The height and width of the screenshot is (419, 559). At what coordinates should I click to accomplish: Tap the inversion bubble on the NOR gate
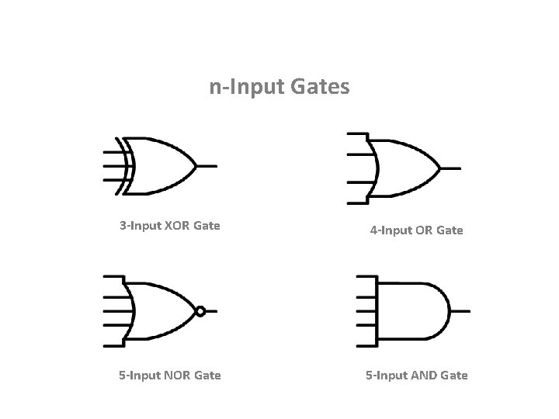[x=200, y=311]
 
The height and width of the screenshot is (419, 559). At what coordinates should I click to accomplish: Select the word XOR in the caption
[x=177, y=227]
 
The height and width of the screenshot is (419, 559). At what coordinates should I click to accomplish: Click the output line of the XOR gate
[x=207, y=165]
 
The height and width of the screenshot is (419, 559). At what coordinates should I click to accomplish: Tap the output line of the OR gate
[x=451, y=168]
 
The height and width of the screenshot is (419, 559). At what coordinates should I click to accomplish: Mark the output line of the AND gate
[x=460, y=310]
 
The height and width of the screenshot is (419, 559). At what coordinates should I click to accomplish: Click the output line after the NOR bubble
[x=211, y=311]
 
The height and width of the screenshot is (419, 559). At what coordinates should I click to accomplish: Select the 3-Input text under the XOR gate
[x=139, y=227]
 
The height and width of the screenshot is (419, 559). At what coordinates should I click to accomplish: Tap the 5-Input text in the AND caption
[x=385, y=376]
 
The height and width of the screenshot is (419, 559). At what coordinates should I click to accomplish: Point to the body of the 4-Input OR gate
[x=404, y=168]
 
